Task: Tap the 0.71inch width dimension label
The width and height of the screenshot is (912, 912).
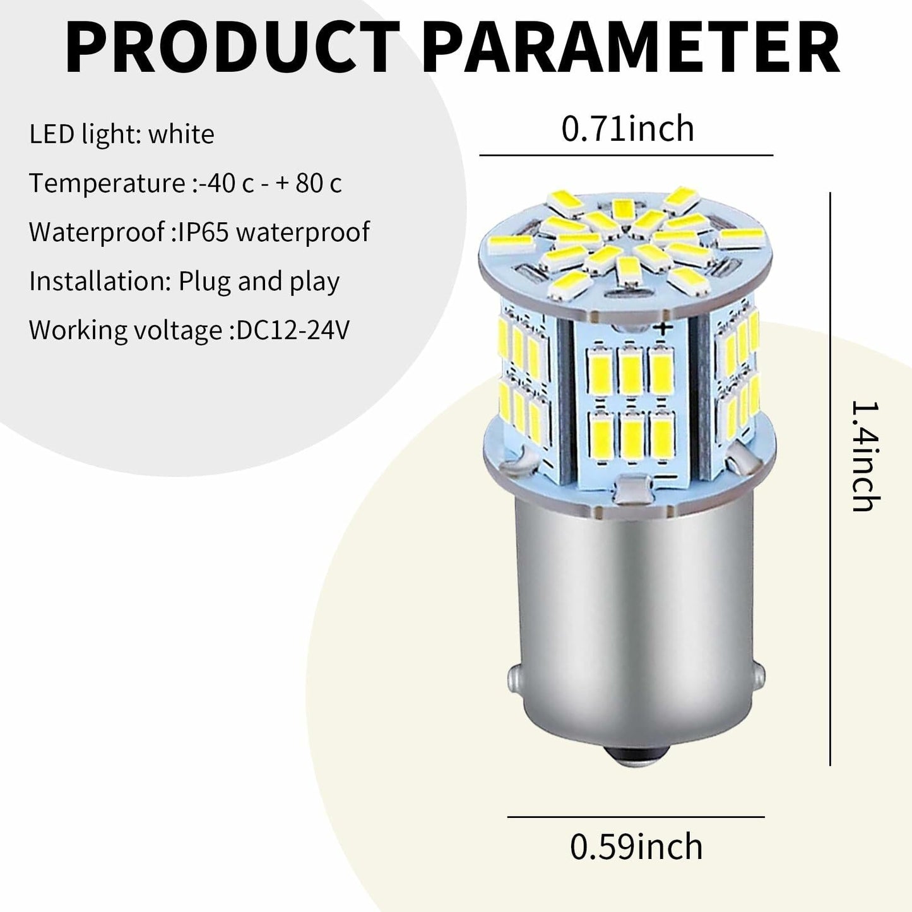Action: point(627,129)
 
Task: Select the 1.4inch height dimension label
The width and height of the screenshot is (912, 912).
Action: point(865,456)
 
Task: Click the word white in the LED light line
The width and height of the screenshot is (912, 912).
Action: point(181,134)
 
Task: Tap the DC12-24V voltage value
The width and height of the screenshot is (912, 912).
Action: point(293,330)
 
